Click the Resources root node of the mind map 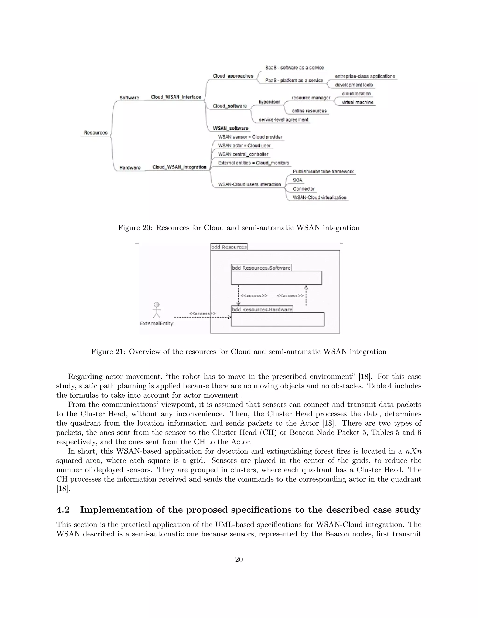(96, 133)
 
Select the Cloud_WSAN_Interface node (176, 97)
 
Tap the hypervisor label (269, 102)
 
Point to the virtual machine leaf (357, 102)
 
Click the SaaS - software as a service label (294, 68)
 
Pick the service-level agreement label (283, 120)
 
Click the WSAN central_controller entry (243, 154)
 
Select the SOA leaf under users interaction (297, 180)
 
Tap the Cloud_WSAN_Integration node (179, 167)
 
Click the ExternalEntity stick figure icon (156, 310)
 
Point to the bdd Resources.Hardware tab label (262, 309)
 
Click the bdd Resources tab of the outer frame (229, 247)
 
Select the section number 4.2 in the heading (63, 510)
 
